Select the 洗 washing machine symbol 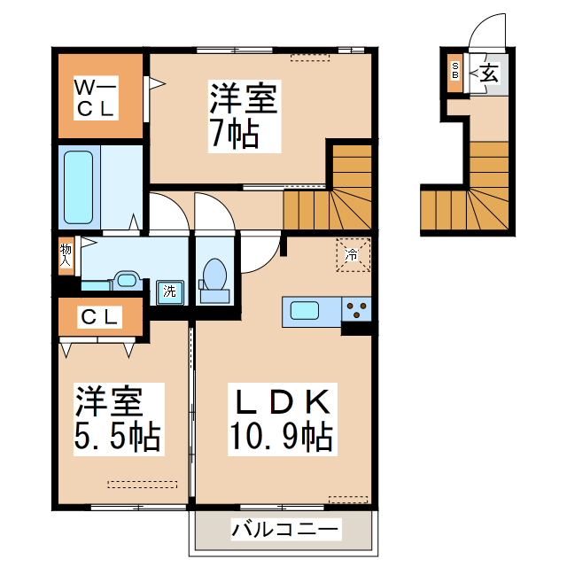[168, 290]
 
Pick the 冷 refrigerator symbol [351, 255]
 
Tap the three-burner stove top [358, 311]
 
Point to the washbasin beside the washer [127, 283]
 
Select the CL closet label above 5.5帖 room [99, 317]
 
